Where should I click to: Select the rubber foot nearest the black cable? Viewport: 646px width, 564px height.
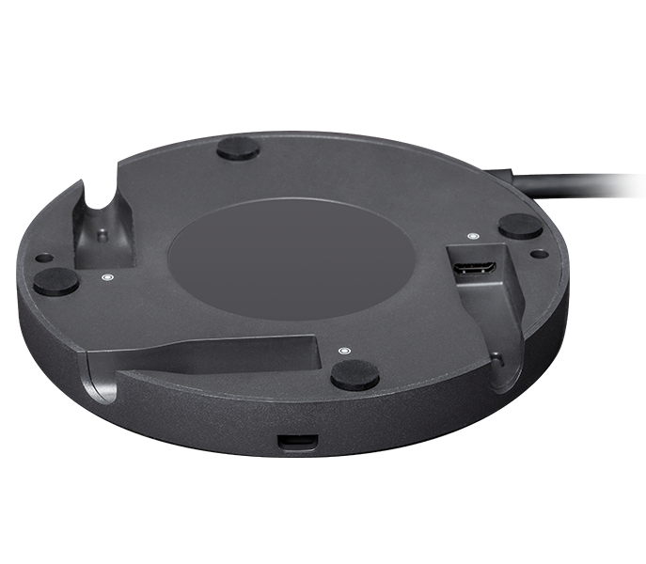click(518, 226)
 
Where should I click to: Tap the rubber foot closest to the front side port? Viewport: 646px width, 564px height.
click(355, 374)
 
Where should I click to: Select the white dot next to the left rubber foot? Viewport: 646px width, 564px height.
click(105, 277)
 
